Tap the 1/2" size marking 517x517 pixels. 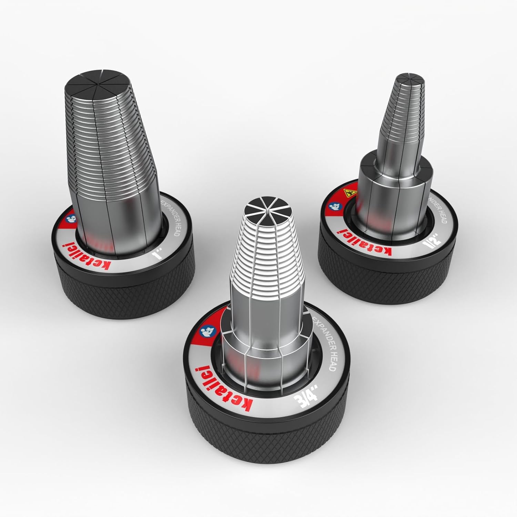click(427, 245)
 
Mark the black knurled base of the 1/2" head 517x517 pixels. click(389, 279)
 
